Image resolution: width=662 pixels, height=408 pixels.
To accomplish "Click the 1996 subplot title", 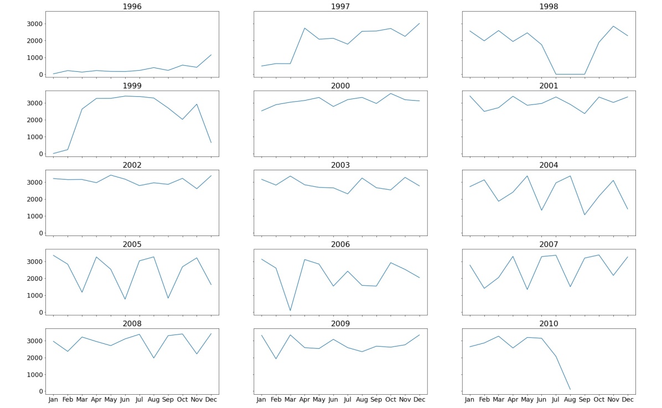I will tap(132, 7).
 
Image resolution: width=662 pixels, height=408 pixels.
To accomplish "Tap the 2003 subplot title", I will tap(340, 165).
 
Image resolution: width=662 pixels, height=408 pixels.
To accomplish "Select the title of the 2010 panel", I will tap(549, 323).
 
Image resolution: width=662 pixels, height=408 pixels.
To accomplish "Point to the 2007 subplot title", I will tap(549, 244).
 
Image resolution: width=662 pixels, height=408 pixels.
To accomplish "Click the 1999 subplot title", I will tap(132, 86).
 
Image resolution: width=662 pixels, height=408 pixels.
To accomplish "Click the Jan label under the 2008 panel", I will tap(53, 400).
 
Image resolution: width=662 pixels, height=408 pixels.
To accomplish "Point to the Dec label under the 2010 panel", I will tap(628, 400).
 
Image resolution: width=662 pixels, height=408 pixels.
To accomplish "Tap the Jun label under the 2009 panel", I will tap(333, 400).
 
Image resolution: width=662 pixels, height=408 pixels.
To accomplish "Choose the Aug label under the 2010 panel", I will tap(570, 400).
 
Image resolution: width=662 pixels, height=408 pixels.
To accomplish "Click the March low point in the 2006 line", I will tap(290, 310).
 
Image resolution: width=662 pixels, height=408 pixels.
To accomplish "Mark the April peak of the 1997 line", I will tap(304, 28).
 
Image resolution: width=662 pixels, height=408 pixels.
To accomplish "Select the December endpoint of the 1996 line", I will tap(211, 55).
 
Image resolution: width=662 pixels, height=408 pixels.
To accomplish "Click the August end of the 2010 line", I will tap(570, 389).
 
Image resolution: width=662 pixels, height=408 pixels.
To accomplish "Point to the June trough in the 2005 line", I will tap(125, 299).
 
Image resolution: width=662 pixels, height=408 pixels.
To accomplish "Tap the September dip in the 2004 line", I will tap(585, 215).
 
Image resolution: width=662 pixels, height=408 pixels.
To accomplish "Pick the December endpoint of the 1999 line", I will tap(211, 142).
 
